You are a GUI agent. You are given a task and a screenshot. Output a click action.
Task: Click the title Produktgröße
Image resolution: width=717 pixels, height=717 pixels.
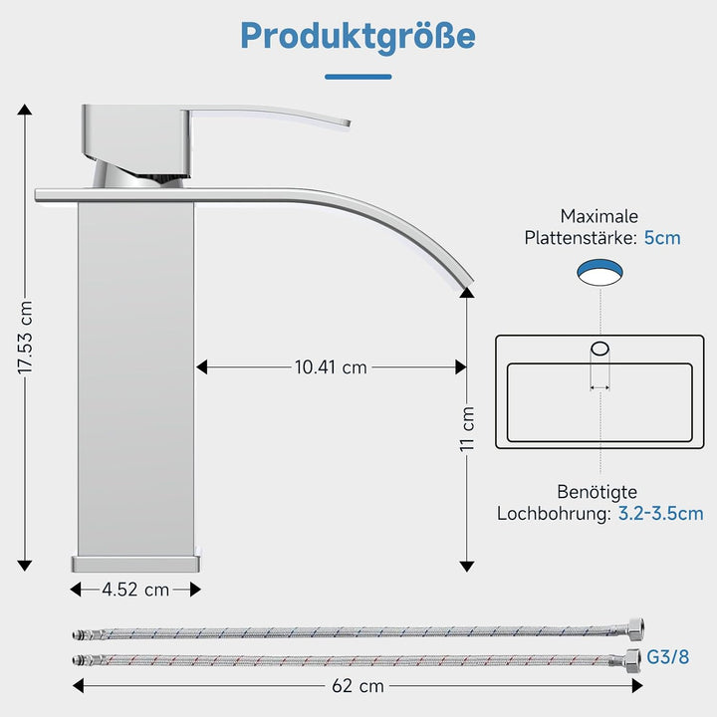pos(358,37)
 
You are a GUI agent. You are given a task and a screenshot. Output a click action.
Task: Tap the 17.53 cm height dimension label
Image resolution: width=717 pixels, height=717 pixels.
pos(25,338)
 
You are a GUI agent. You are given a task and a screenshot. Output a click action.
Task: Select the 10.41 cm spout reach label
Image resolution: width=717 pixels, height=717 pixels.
pos(331,367)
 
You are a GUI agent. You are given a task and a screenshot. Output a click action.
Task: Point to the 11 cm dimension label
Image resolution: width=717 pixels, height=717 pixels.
pos(467,428)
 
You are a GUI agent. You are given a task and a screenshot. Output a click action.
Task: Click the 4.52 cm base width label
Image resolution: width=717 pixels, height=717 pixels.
pos(135,590)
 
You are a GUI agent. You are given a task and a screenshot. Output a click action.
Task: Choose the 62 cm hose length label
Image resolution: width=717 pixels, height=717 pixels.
pos(358,686)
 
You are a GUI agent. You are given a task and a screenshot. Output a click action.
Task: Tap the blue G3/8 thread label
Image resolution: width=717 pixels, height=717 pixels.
pos(667,657)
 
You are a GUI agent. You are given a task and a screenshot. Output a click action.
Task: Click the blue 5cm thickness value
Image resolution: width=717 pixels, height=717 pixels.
pos(662,238)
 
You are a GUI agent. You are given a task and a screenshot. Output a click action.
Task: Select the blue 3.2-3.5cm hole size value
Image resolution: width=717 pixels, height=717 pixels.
pos(661,514)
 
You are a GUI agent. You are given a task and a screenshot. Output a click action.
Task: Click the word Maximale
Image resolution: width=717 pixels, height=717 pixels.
pos(599,216)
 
